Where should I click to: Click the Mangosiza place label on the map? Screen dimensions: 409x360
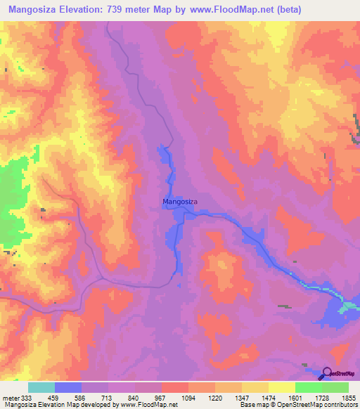(180, 202)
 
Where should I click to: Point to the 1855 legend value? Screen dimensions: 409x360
(349, 397)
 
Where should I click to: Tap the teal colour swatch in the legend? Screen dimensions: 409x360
(41, 387)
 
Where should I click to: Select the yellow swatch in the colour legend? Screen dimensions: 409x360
(281, 387)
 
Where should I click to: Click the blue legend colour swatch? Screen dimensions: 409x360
(68, 387)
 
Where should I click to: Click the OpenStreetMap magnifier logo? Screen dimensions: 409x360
(327, 375)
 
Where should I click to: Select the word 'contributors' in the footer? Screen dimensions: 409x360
(340, 405)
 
